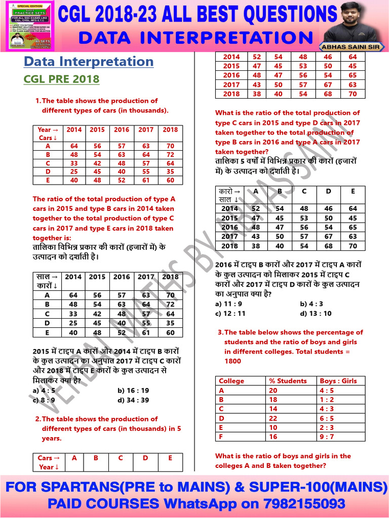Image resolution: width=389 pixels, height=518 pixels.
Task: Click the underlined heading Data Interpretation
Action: (x=89, y=62)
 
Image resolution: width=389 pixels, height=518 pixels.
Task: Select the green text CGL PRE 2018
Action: (x=61, y=79)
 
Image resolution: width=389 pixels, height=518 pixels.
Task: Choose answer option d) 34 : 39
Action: (x=133, y=400)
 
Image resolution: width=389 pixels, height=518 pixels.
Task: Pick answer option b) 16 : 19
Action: (x=133, y=391)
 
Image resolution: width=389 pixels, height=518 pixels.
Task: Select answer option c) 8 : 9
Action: (x=44, y=400)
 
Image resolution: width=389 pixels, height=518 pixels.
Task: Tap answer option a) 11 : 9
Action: (x=228, y=304)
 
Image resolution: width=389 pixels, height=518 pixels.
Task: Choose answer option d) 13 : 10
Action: (x=316, y=313)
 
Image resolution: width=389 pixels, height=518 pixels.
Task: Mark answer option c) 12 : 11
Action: (x=230, y=313)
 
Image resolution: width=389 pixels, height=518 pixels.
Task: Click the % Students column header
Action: (x=288, y=381)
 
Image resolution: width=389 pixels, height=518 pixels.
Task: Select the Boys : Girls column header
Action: (x=338, y=381)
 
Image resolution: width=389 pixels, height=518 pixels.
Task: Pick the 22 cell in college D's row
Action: (x=274, y=418)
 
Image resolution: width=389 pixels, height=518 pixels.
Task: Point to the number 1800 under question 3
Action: (x=233, y=361)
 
